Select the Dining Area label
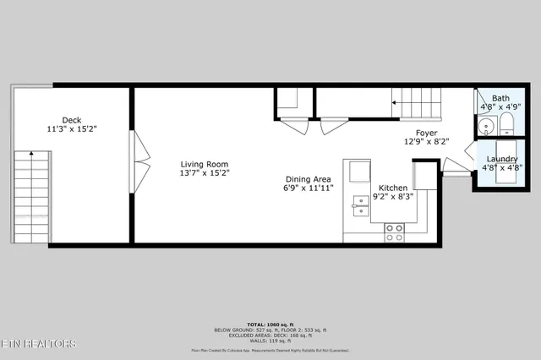point(308,179)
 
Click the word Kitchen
point(394,188)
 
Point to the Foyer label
point(426,132)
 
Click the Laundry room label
point(501,158)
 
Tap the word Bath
point(501,98)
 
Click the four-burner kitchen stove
point(395,232)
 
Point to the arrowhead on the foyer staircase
point(394,102)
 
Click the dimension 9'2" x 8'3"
point(394,197)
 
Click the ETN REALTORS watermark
point(39,344)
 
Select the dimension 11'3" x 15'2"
point(72,129)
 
